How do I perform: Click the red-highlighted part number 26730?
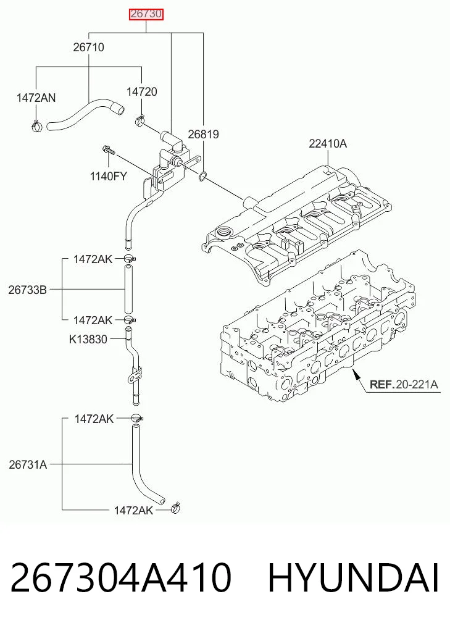pyautogui.click(x=146, y=14)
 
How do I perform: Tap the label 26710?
pyautogui.click(x=88, y=48)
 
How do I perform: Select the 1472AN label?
pyautogui.click(x=36, y=98)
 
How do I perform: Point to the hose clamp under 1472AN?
pyautogui.click(x=36, y=125)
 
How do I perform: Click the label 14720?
pyautogui.click(x=142, y=92)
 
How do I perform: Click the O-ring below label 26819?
pyautogui.click(x=203, y=175)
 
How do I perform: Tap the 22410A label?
pyautogui.click(x=328, y=143)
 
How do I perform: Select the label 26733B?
pyautogui.click(x=28, y=290)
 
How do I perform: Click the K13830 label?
pyautogui.click(x=88, y=340)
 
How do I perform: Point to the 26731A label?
pyautogui.click(x=28, y=464)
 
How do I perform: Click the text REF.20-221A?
pyautogui.click(x=404, y=385)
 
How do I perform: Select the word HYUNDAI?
pyautogui.click(x=354, y=578)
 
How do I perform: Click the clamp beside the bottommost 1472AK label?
pyautogui.click(x=175, y=508)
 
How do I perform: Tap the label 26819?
pyautogui.click(x=203, y=134)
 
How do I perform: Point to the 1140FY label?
pyautogui.click(x=108, y=176)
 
